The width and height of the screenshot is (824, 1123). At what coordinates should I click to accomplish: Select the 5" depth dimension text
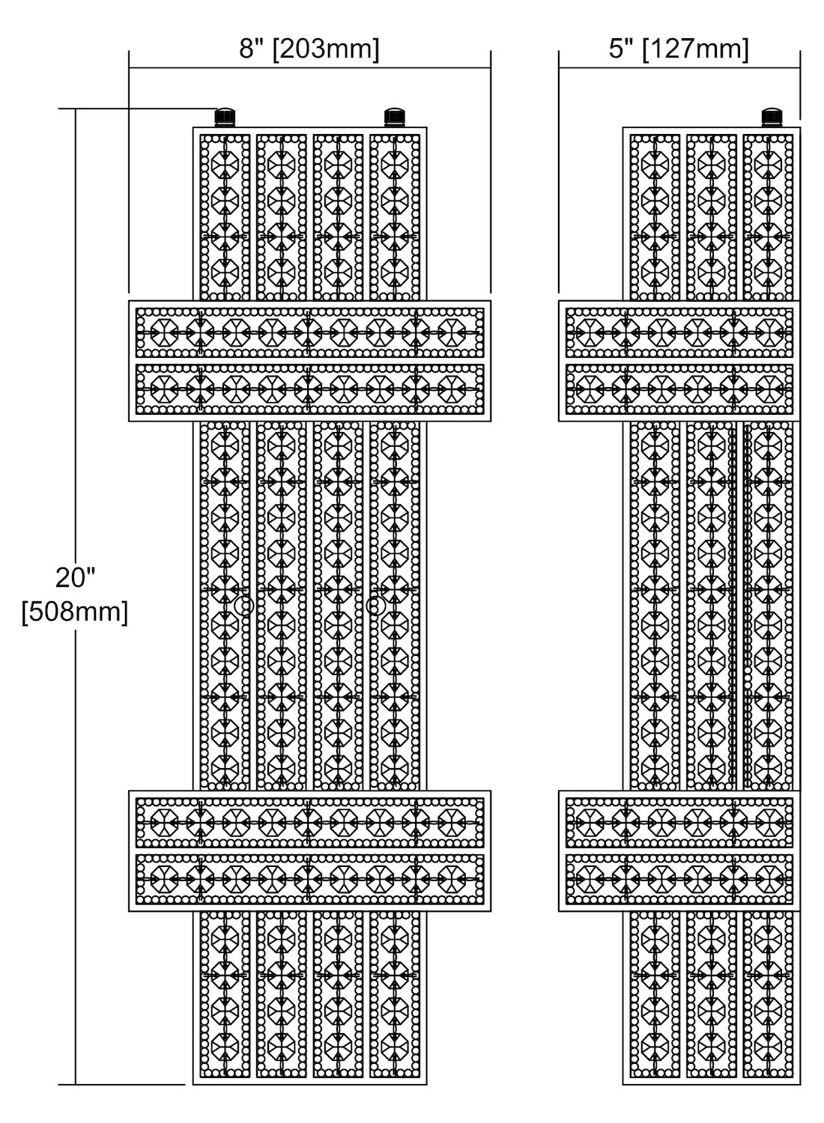621,49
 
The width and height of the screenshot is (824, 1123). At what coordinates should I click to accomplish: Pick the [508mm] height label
75,612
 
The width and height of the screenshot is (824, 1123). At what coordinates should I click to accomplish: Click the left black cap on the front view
225,118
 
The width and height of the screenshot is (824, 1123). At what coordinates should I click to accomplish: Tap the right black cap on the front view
394,118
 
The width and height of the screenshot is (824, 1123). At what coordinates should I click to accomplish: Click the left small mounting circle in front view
243,606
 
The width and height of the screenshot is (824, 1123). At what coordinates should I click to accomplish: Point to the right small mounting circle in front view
375,606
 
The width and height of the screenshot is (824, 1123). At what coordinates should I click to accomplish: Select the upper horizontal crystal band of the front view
309,361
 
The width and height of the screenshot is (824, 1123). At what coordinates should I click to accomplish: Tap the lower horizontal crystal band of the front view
309,850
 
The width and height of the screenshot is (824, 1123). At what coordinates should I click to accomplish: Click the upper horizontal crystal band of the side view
679,361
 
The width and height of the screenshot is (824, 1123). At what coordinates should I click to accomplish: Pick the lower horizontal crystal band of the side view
679,850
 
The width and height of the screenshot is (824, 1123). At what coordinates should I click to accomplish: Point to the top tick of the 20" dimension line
76,109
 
